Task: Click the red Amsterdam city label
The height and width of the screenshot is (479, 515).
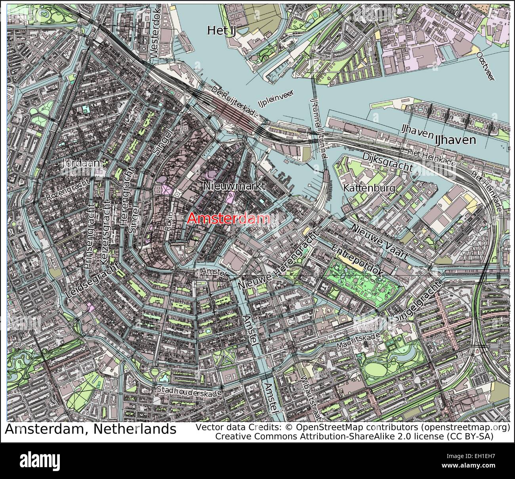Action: click(x=229, y=219)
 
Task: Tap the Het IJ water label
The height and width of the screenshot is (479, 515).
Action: click(x=221, y=30)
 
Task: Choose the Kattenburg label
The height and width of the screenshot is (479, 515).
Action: click(x=369, y=188)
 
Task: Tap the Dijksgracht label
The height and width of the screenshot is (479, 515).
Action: click(x=388, y=162)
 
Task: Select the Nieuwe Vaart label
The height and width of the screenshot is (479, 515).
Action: click(x=379, y=241)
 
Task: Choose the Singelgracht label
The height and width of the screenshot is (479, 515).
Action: click(x=418, y=300)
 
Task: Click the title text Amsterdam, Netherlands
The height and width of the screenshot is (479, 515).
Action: click(x=90, y=429)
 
